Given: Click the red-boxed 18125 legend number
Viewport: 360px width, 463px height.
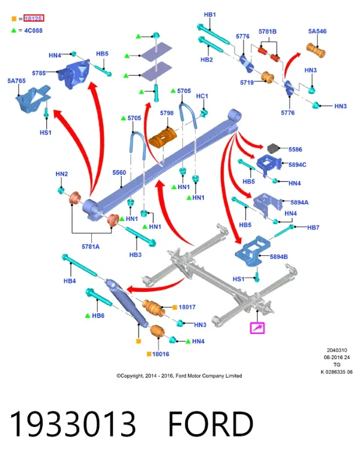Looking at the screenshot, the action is click(34, 18).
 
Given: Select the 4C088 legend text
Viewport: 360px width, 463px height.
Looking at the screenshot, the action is click(34, 31).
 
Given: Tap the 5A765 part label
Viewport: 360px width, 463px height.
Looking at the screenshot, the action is click(17, 80).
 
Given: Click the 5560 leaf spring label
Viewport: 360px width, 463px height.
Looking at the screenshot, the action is click(119, 172).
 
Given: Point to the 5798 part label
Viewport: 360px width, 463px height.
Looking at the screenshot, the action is click(167, 113).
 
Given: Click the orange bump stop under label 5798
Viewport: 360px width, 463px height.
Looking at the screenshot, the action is click(163, 137).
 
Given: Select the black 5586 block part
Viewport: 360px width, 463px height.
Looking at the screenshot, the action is click(274, 148).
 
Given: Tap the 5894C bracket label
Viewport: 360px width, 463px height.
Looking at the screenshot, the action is click(298, 165).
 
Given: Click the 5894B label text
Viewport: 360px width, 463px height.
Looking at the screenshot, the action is click(279, 256).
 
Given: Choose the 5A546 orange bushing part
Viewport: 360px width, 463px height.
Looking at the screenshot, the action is click(316, 50).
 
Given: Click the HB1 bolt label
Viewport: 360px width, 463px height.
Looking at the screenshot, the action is click(210, 14).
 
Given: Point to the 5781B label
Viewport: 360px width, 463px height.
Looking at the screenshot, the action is click(268, 31).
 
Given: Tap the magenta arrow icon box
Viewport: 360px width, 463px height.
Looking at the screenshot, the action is click(257, 328).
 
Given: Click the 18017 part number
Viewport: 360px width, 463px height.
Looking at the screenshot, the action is click(187, 307).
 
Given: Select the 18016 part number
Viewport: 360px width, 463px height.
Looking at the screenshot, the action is click(161, 354).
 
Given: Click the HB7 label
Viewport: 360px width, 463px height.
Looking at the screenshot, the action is click(313, 228).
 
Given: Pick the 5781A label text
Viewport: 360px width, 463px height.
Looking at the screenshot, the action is click(91, 247).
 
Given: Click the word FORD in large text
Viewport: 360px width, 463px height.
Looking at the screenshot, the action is click(211, 424).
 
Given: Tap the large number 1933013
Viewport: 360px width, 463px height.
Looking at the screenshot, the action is click(73, 424).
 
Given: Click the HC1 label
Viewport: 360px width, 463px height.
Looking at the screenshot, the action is click(202, 96).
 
